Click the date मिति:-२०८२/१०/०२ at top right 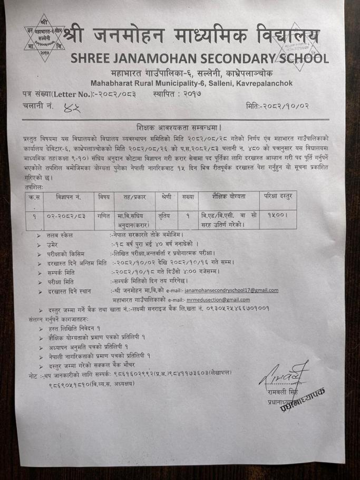tap(277, 107)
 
